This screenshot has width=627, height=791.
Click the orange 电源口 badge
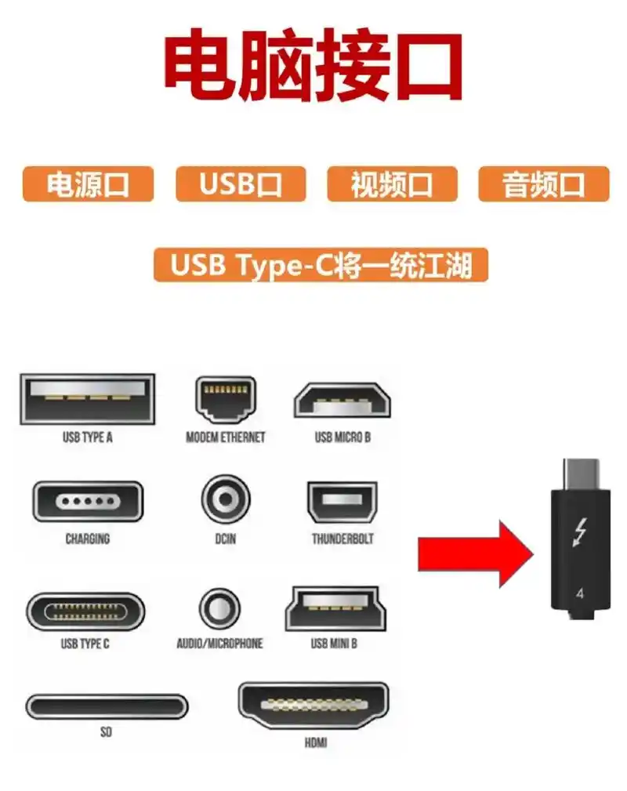(x=88, y=184)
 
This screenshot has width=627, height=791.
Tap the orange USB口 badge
(x=240, y=184)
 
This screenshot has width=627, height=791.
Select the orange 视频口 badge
(x=391, y=184)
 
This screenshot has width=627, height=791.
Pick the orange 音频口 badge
(x=543, y=184)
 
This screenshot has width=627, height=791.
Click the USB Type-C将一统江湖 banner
(x=321, y=265)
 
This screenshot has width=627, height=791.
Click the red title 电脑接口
(x=313, y=67)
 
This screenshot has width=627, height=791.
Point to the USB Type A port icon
(x=87, y=399)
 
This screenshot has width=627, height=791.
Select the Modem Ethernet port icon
(x=225, y=400)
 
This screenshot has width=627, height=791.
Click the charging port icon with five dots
(x=87, y=502)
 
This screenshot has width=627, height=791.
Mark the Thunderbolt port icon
(x=342, y=502)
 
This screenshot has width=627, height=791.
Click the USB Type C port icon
(x=85, y=611)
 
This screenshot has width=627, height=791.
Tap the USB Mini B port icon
(x=334, y=608)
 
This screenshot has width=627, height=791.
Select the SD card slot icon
(x=107, y=706)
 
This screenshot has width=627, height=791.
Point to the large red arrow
(x=474, y=553)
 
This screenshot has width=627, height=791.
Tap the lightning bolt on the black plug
(x=580, y=532)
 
